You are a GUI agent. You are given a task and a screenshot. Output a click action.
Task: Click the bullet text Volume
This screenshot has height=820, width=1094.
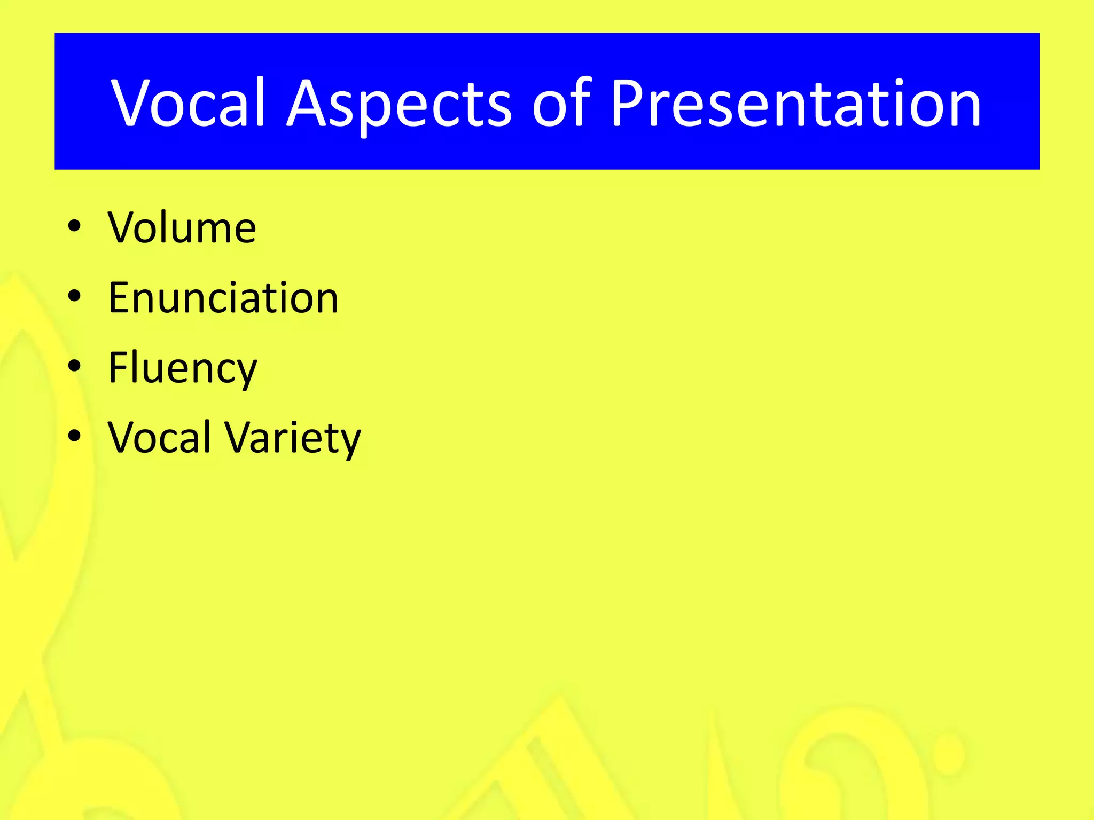[x=182, y=228]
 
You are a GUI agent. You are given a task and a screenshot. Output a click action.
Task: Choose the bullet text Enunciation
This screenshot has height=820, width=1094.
[x=223, y=298]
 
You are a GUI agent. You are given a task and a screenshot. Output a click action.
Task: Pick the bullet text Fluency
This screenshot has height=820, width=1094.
[x=183, y=368]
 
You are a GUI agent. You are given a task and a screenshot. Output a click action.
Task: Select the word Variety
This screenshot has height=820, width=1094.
[x=293, y=439]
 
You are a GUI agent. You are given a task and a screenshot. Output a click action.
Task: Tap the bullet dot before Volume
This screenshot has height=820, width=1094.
[x=75, y=226]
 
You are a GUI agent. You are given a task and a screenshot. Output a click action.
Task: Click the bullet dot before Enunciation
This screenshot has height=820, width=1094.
[x=75, y=296]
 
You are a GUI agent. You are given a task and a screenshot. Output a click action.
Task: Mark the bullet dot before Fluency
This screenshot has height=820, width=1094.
[x=75, y=366]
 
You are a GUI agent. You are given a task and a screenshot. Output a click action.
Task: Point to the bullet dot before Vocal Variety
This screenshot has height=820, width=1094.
[x=75, y=436]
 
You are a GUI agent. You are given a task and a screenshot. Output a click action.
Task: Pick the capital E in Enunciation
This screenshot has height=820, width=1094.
[x=120, y=298]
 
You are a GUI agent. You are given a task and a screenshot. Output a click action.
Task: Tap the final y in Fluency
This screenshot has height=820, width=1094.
[x=245, y=374]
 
